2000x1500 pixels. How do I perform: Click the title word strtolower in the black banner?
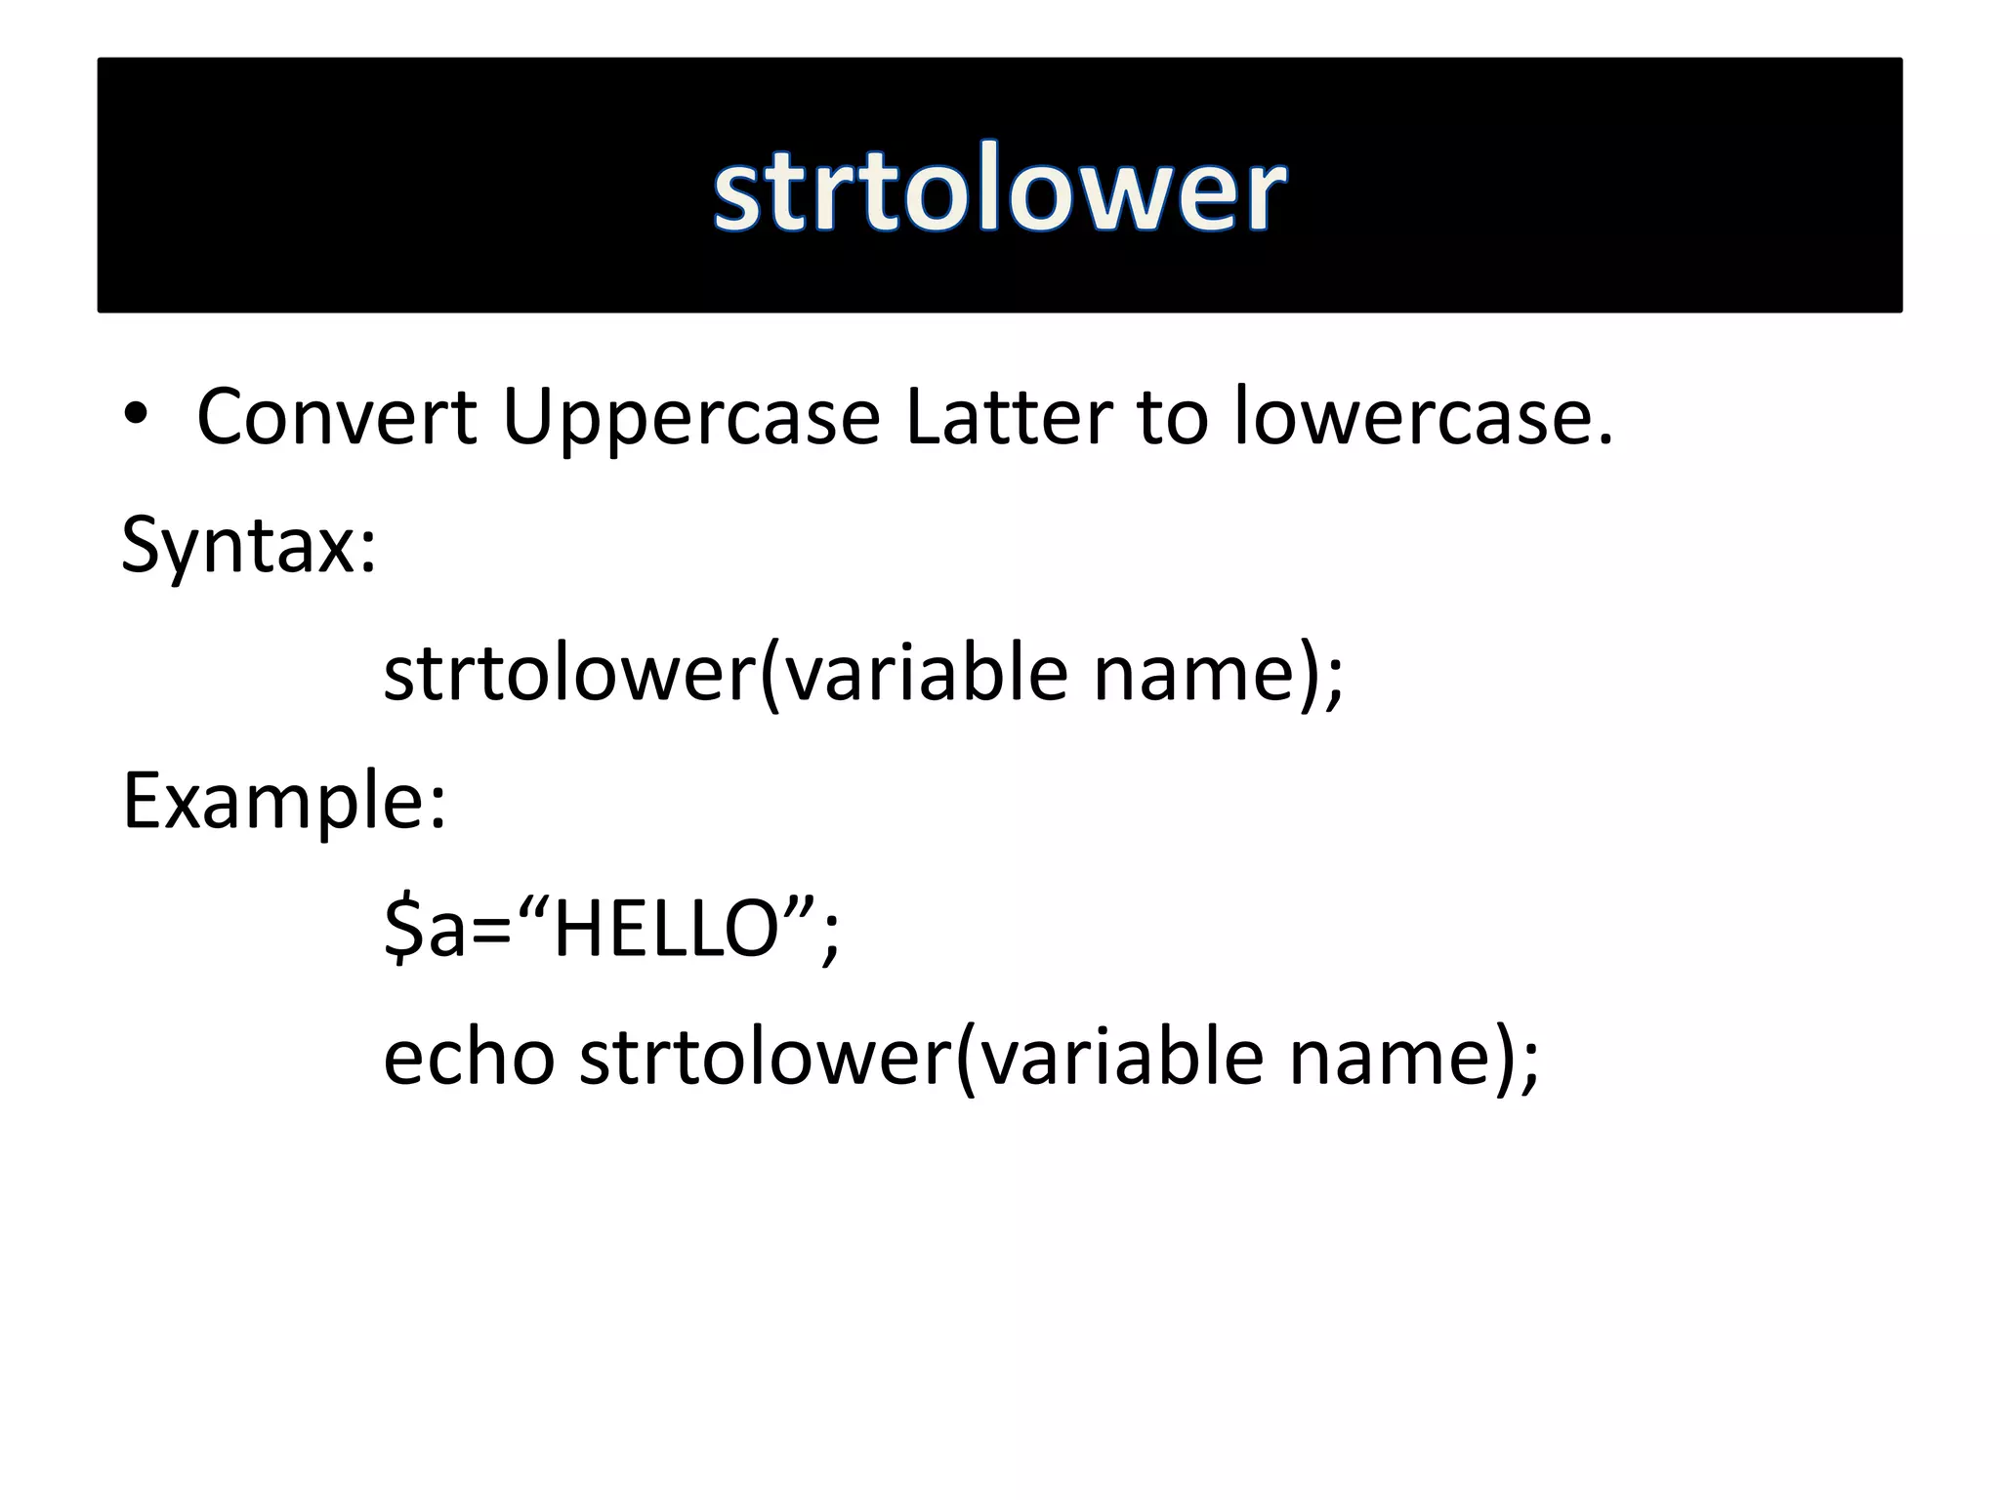pyautogui.click(x=1000, y=187)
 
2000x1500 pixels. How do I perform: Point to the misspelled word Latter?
pyautogui.click(x=1008, y=417)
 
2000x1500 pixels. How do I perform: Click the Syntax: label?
pyautogui.click(x=248, y=545)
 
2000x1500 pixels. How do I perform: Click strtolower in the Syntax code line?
pyautogui.click(x=569, y=674)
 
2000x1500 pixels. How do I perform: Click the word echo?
pyautogui.click(x=469, y=1057)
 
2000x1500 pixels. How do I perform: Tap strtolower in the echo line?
pyautogui.click(x=765, y=1057)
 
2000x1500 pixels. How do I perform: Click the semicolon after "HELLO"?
pyautogui.click(x=830, y=937)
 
